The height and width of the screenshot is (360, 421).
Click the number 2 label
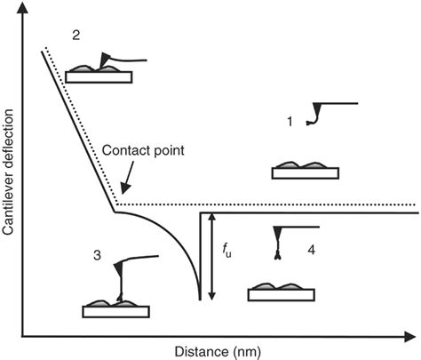(x=76, y=35)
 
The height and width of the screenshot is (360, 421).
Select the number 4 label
(x=310, y=251)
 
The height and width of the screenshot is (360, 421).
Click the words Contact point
(x=144, y=150)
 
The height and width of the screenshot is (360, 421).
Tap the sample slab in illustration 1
(x=305, y=172)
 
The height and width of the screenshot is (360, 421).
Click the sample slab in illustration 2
(x=99, y=76)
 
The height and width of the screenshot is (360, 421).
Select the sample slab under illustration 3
(x=115, y=311)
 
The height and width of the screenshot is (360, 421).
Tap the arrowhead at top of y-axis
(x=22, y=8)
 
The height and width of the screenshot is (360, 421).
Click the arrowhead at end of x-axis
(x=414, y=336)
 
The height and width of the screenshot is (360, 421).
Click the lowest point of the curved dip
(x=199, y=298)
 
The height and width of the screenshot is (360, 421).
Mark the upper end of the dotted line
(x=46, y=46)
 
